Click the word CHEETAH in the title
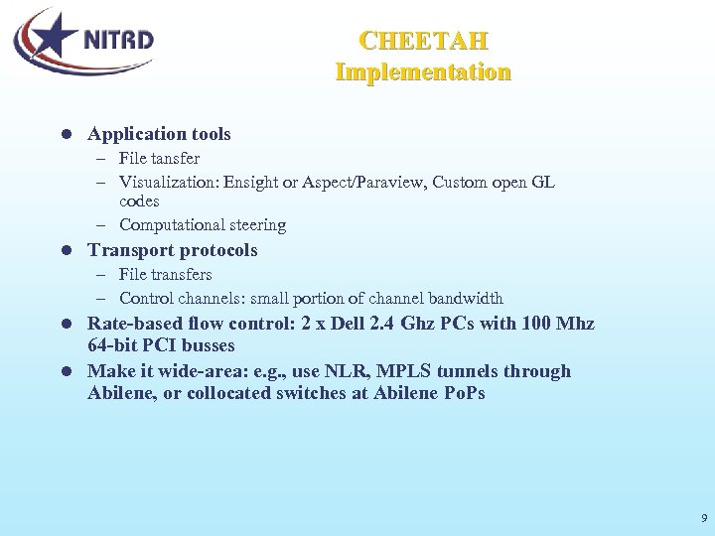423,42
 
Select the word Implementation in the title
423,72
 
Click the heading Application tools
159,134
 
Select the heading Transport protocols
173,250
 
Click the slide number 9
703,518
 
